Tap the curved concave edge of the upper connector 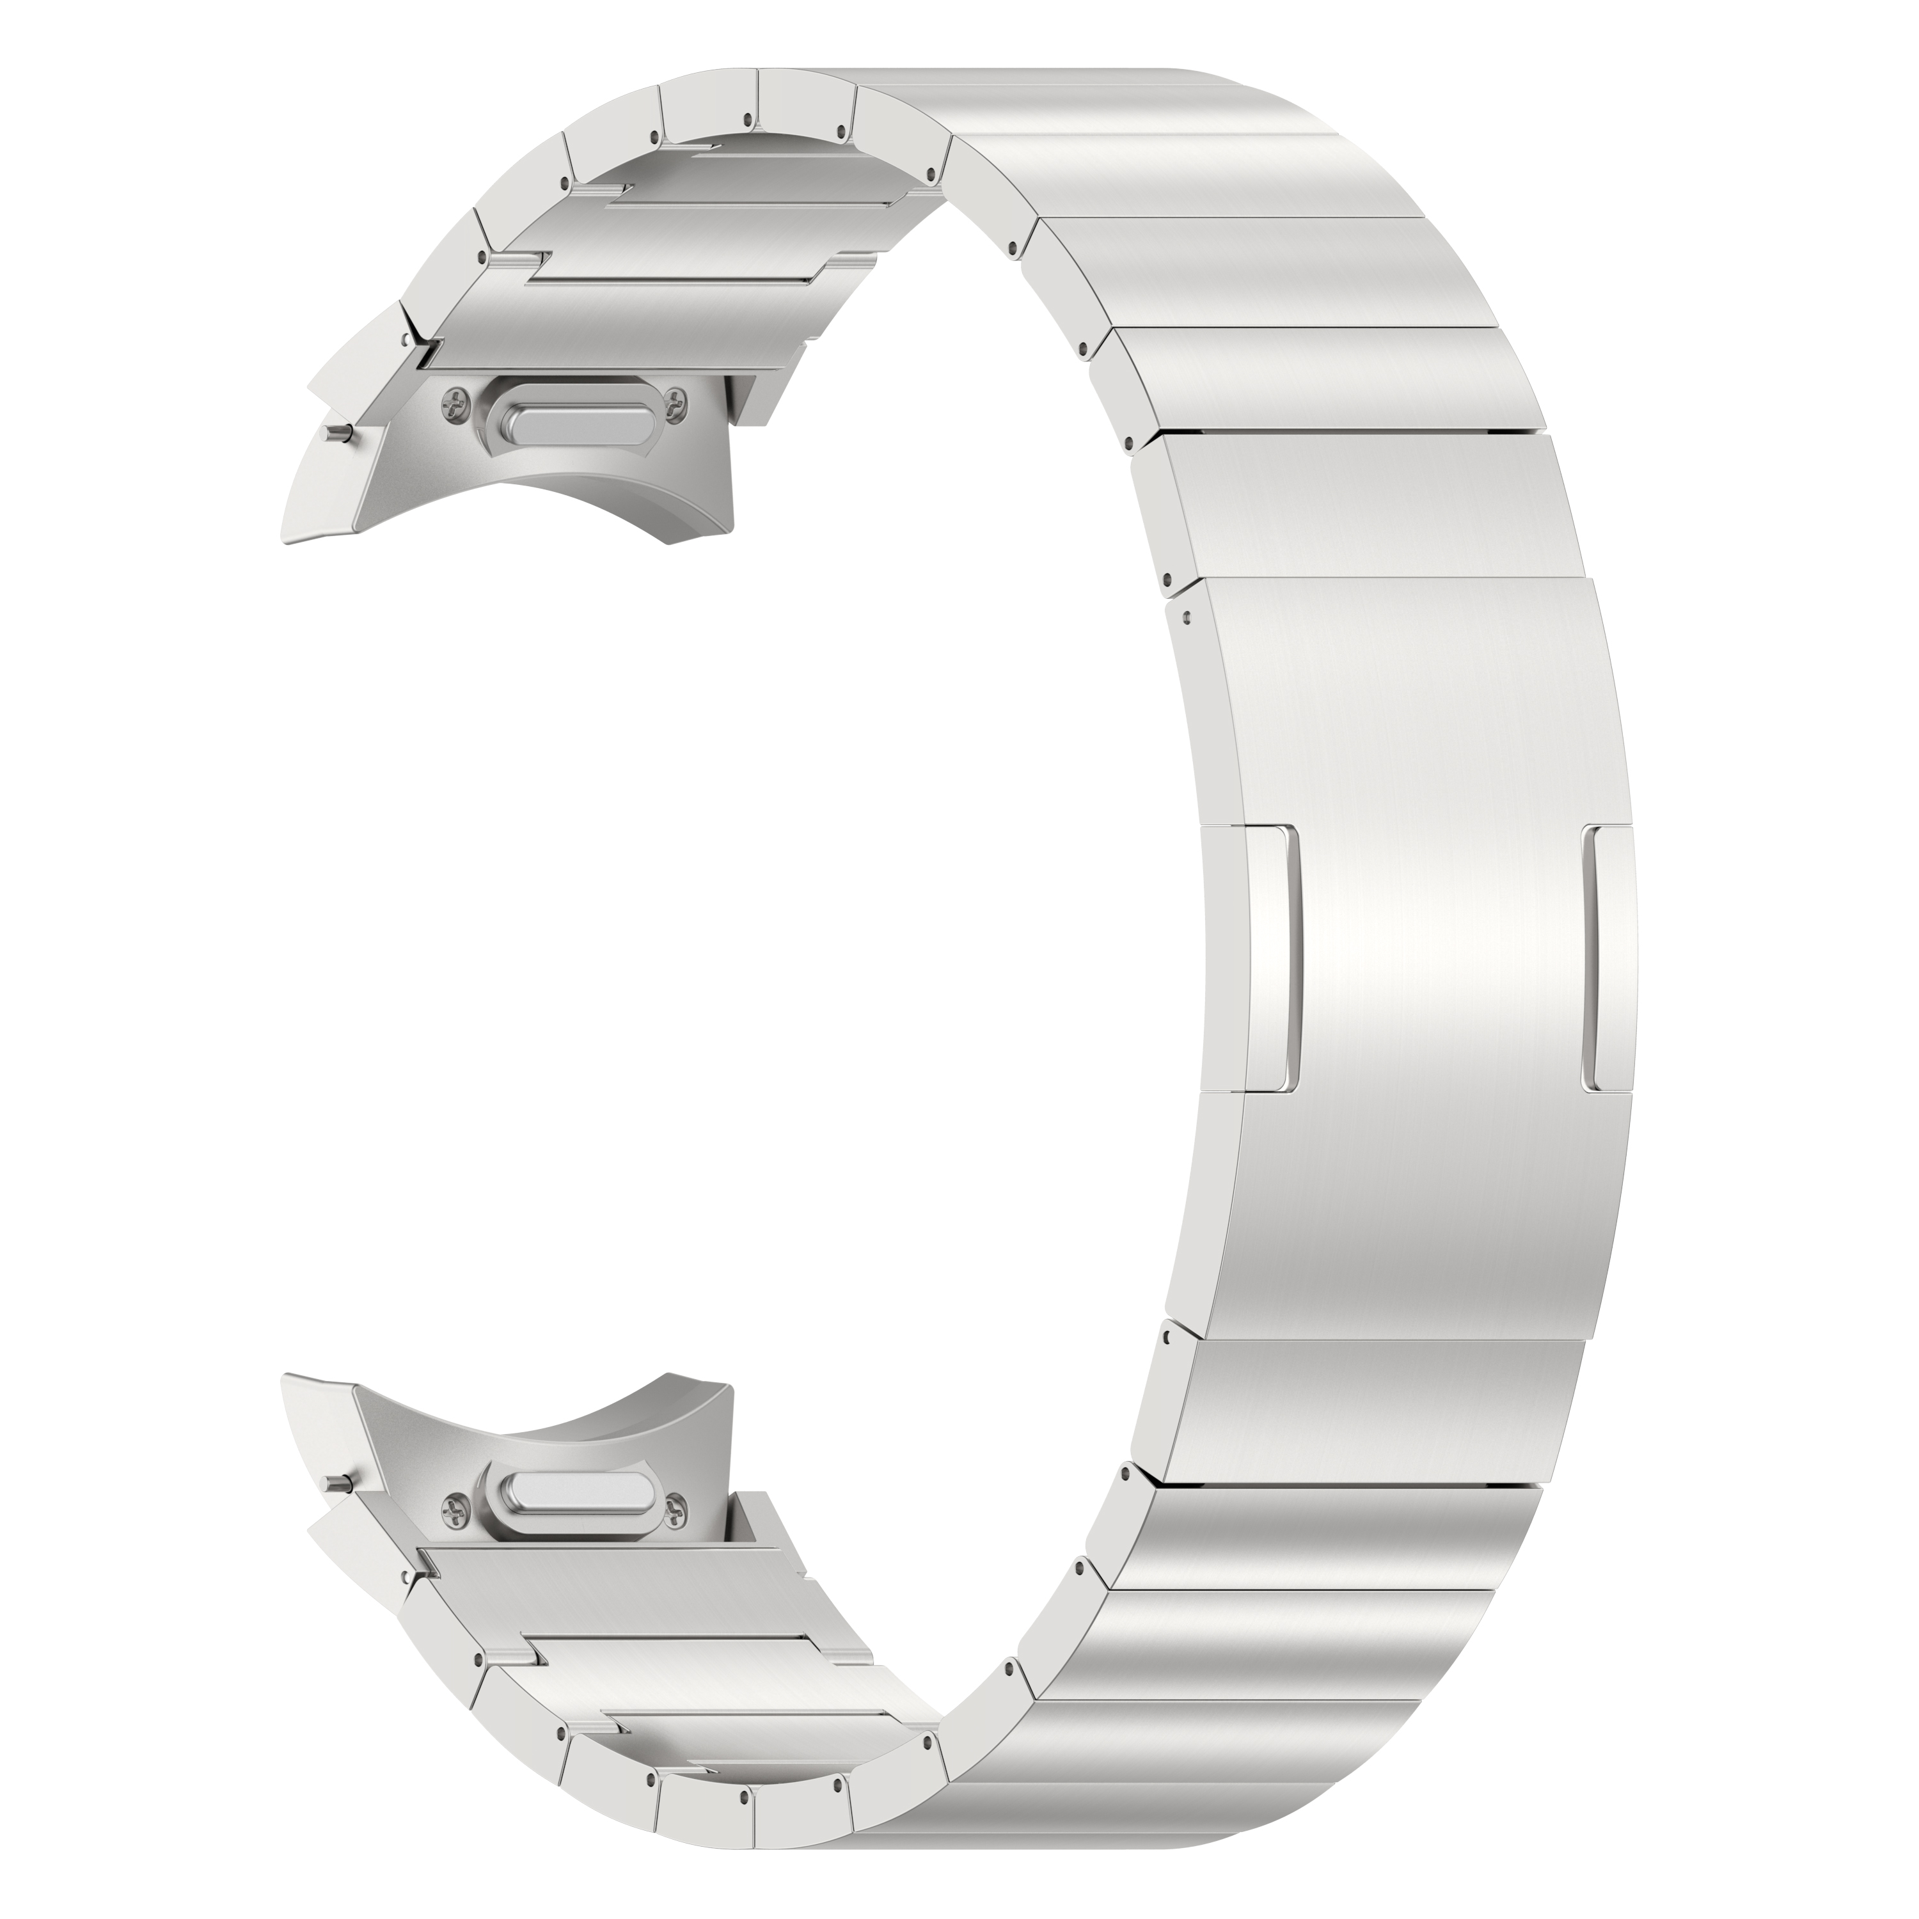click(557, 496)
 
